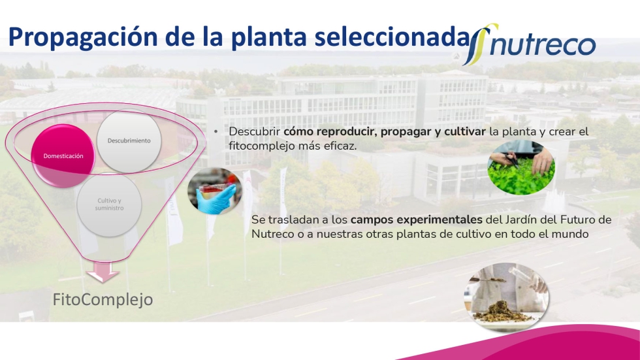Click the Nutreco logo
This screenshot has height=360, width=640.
[530, 44]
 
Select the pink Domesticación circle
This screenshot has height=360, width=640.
[63, 156]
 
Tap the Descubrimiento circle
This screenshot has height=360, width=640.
[129, 141]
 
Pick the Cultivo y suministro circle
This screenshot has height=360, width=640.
[110, 205]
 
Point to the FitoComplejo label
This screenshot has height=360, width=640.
[103, 300]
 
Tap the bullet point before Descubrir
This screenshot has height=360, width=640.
[216, 132]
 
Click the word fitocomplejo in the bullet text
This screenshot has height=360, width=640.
[264, 146]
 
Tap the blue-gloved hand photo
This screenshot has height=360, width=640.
[215, 191]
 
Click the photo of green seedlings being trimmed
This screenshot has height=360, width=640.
[521, 167]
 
